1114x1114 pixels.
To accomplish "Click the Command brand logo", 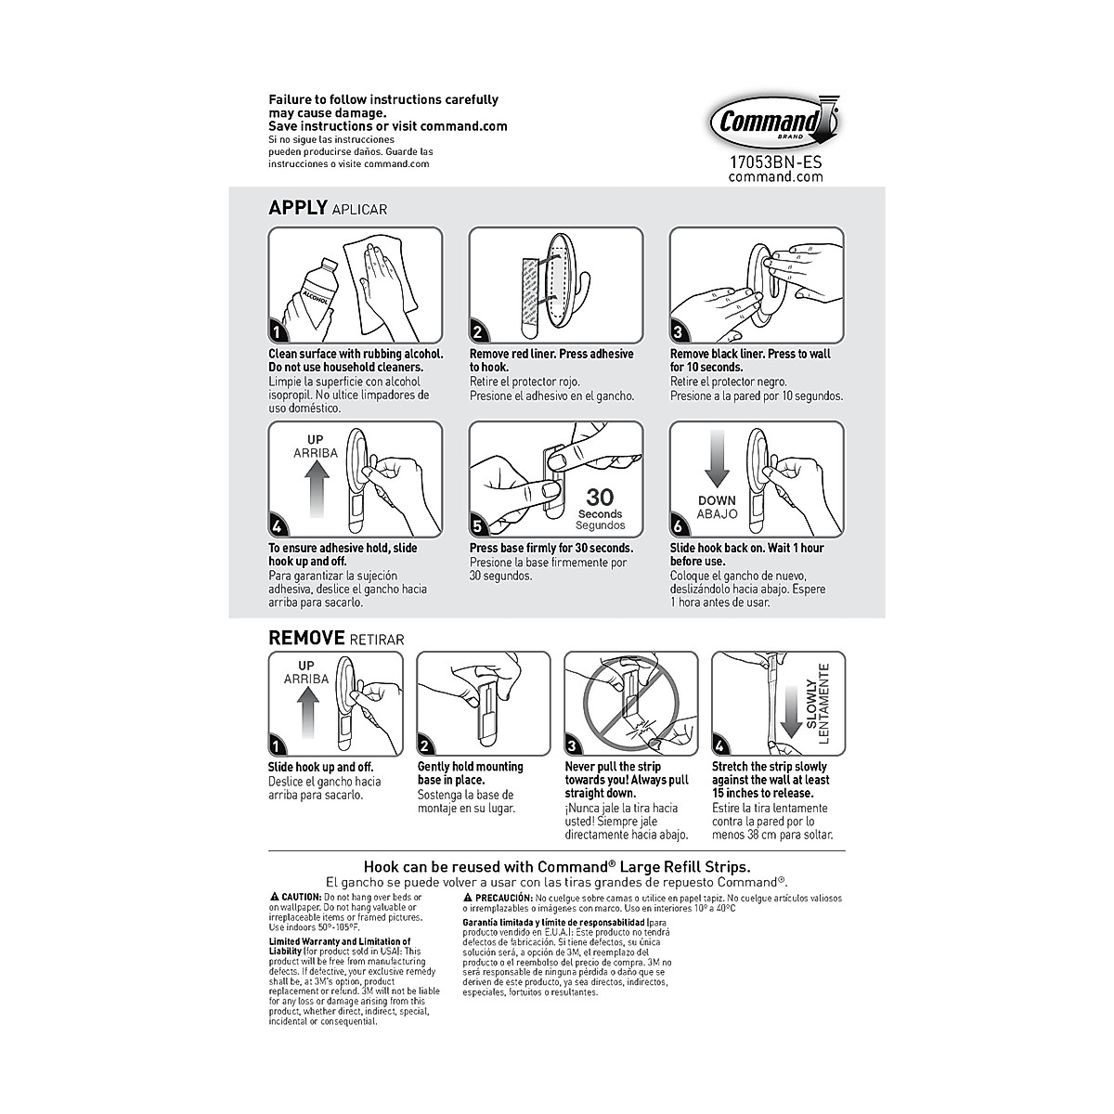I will click(x=775, y=122).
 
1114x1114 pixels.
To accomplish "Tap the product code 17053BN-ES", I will click(x=775, y=162).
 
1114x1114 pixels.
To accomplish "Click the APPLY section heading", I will click(x=297, y=208).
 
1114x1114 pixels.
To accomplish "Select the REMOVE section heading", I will click(x=306, y=638).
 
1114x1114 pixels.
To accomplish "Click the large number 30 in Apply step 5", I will click(x=600, y=498).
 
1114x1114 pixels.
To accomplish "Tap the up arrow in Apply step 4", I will click(x=316, y=488).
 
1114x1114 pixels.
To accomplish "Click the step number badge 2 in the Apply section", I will click(x=478, y=331).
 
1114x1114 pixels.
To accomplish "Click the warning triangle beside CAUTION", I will click(x=274, y=898).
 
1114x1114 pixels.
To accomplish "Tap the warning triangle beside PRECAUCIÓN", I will click(x=468, y=899).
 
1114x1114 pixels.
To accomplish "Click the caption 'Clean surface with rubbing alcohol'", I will click(x=356, y=354).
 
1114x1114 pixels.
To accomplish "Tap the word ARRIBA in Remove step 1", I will click(x=305, y=679).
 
